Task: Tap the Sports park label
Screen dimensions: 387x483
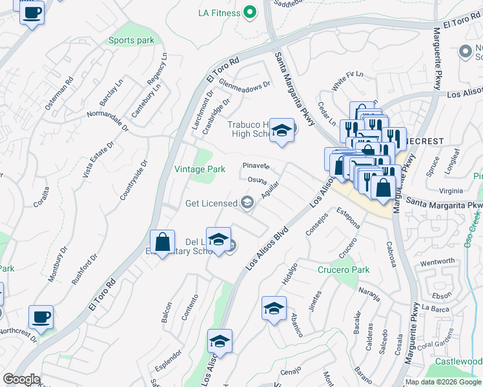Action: point(131,41)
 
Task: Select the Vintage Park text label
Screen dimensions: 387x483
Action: point(200,169)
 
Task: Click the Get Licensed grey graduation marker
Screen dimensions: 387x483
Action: point(247,204)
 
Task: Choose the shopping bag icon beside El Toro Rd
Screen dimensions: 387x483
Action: point(163,243)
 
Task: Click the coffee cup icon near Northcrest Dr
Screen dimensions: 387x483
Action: point(41,317)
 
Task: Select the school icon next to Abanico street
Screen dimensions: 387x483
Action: point(274,308)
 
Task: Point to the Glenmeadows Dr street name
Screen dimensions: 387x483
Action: point(244,85)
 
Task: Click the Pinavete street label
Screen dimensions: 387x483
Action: point(256,166)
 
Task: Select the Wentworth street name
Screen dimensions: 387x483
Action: point(437,261)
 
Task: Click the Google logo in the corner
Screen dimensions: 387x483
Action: point(21,379)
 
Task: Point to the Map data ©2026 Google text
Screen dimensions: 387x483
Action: point(443,382)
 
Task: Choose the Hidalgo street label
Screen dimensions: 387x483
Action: point(290,275)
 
